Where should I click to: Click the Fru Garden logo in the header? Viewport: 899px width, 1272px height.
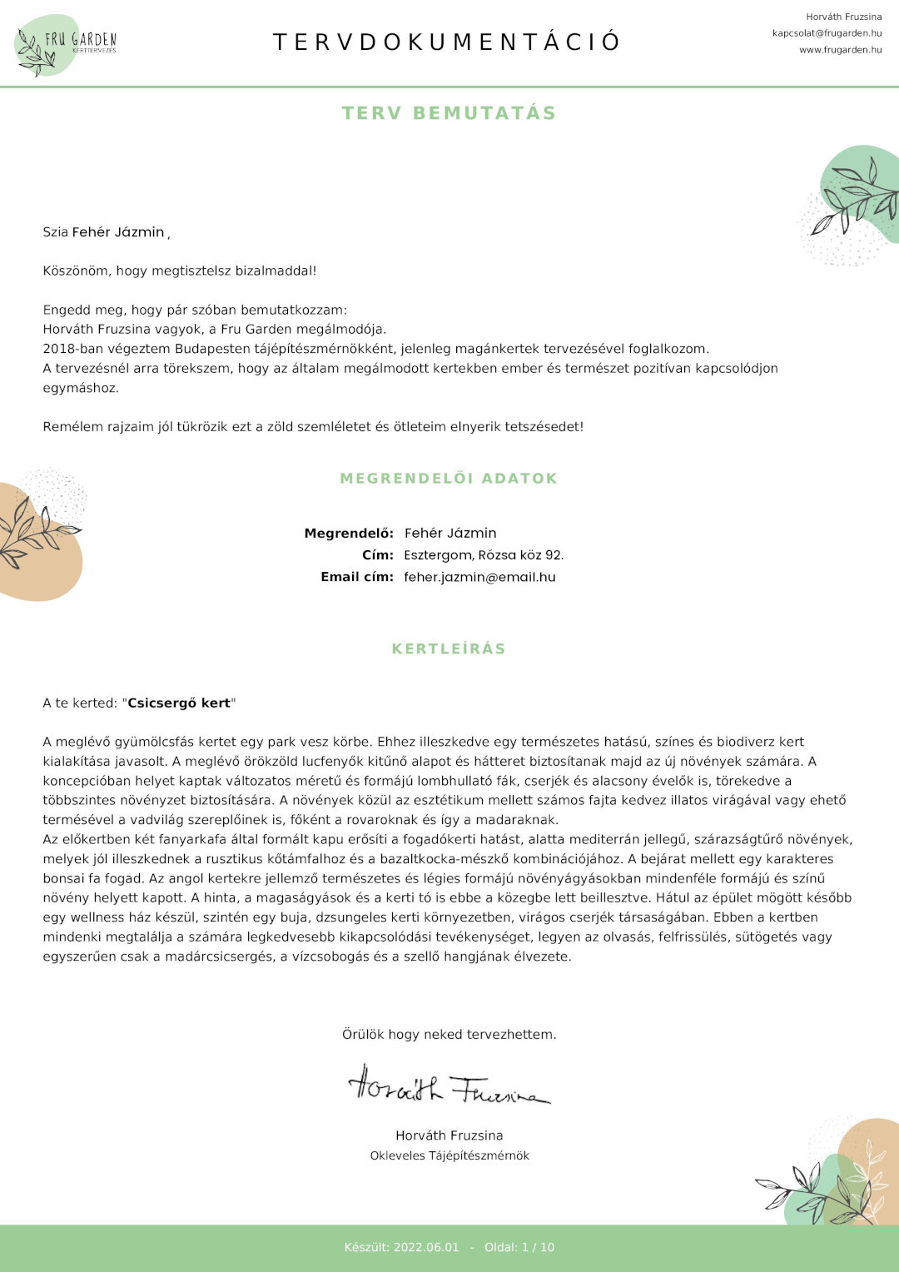(x=67, y=43)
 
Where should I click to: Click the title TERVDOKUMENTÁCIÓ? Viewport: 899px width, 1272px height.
(x=447, y=42)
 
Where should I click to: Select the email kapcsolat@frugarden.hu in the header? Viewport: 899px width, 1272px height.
(x=827, y=33)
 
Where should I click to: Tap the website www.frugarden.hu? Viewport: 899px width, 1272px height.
(x=840, y=50)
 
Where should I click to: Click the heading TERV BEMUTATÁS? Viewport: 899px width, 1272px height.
(x=449, y=113)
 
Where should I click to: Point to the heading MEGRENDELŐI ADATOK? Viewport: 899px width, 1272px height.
(x=449, y=479)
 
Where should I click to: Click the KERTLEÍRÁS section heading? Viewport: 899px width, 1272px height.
(x=449, y=649)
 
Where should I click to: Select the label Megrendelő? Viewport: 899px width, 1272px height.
(x=349, y=534)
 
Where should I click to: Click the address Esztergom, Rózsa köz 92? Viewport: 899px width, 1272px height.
(x=484, y=555)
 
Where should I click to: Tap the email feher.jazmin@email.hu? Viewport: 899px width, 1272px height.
(x=479, y=577)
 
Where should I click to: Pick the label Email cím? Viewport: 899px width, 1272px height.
(x=357, y=577)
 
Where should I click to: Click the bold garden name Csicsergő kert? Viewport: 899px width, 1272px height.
(x=179, y=703)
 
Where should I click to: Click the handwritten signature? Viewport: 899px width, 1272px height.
(x=449, y=1086)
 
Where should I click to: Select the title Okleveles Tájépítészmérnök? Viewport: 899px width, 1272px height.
(x=449, y=1155)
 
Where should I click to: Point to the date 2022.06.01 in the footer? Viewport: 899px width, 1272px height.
(x=426, y=1247)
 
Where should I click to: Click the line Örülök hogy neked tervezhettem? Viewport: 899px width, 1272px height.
(x=449, y=1035)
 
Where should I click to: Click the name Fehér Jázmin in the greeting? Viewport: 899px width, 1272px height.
(x=118, y=232)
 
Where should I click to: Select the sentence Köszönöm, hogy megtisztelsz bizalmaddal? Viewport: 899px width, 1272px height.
(x=180, y=271)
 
